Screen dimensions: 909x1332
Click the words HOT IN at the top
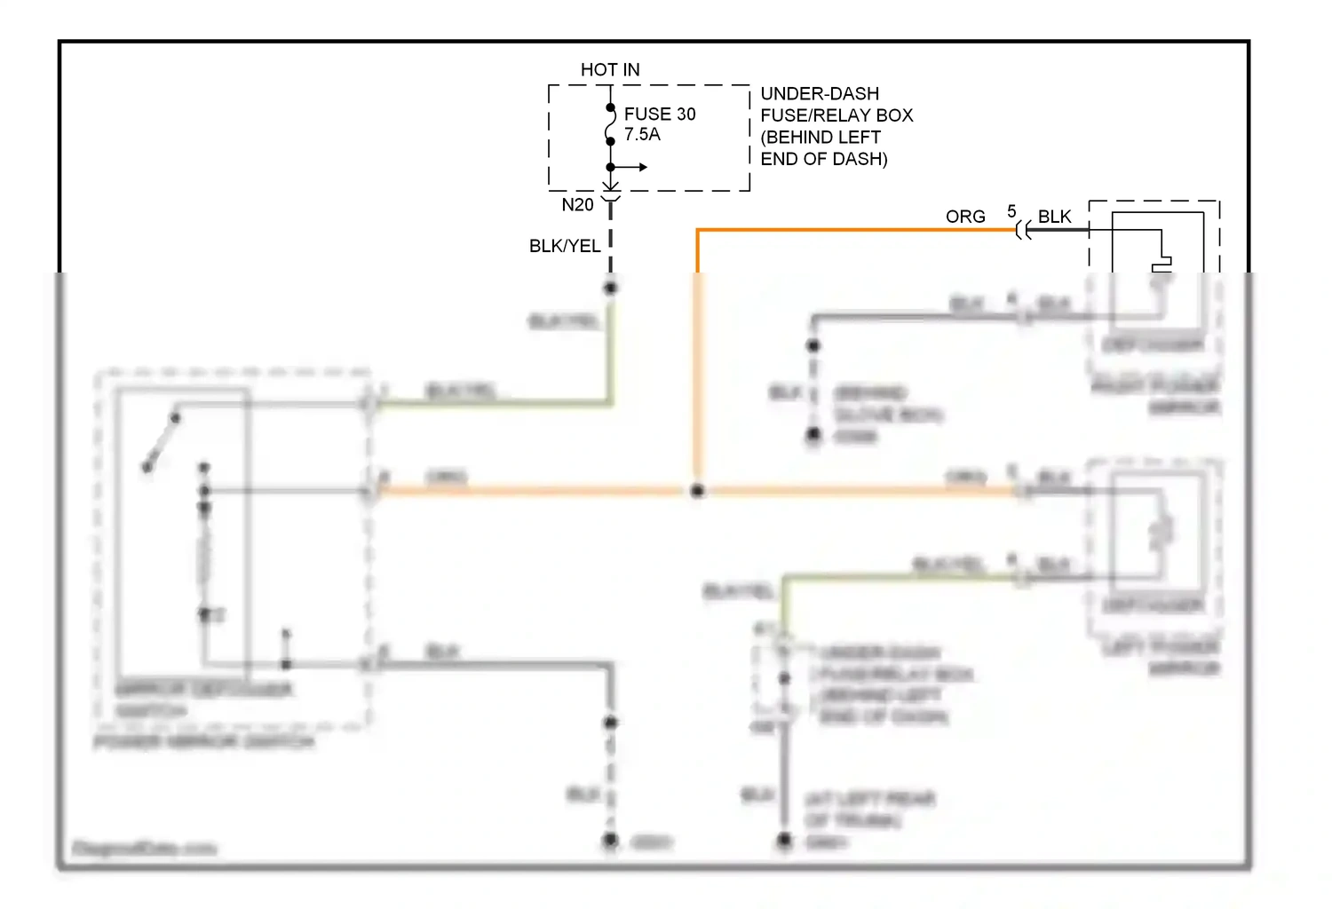click(610, 69)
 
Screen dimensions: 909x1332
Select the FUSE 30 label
click(660, 114)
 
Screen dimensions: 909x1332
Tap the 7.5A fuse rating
click(642, 135)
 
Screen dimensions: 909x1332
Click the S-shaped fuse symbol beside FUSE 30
click(611, 124)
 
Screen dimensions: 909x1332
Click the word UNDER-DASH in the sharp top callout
click(820, 93)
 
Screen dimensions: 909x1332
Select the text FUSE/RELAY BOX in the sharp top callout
click(836, 115)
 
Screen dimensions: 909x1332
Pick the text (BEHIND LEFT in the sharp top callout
click(821, 138)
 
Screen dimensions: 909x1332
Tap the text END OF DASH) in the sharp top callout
click(824, 159)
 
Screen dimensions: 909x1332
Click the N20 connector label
click(577, 205)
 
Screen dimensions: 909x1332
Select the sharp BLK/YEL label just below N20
click(565, 246)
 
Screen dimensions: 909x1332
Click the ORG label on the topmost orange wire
click(965, 217)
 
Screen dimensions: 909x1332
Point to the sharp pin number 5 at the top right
click(1011, 211)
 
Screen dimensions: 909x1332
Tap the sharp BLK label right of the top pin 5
click(1055, 217)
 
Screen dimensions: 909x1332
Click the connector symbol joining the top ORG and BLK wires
click(1024, 231)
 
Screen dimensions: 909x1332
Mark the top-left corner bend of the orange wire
click(698, 231)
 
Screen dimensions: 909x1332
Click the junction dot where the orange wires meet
click(698, 490)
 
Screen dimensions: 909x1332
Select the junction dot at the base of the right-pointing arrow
click(611, 167)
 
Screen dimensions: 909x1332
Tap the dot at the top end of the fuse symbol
click(611, 108)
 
